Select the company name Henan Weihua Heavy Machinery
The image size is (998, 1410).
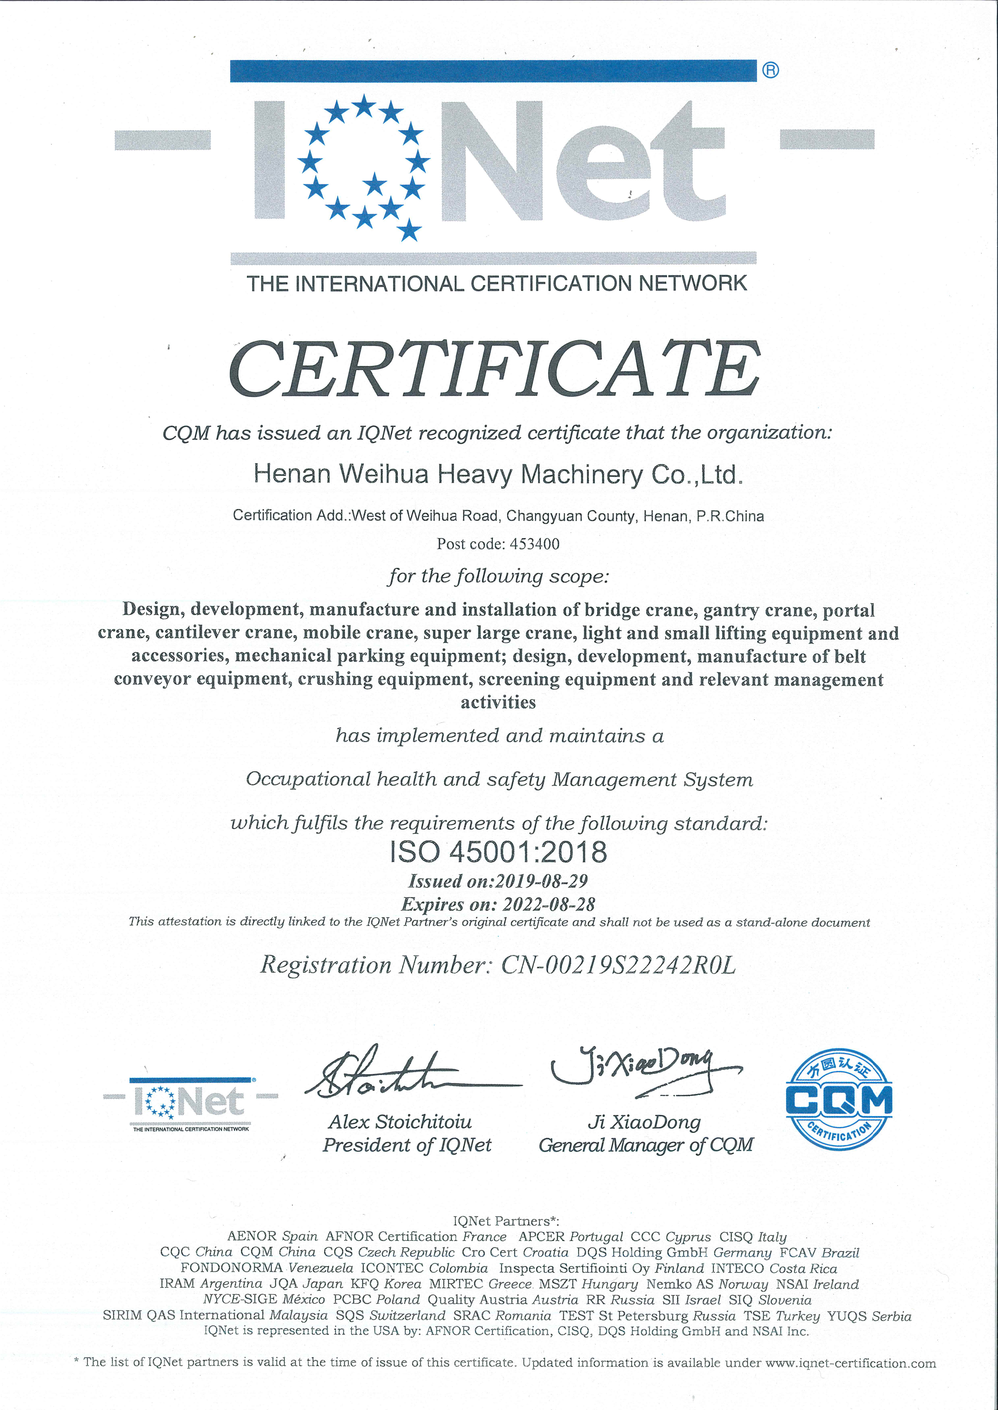(x=498, y=474)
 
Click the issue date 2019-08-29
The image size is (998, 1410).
(x=541, y=881)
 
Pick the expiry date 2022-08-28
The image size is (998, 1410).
(x=549, y=904)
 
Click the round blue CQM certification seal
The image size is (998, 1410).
(x=839, y=1099)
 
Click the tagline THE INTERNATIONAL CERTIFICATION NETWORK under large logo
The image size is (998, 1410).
(x=496, y=283)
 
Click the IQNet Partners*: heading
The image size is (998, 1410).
(x=506, y=1221)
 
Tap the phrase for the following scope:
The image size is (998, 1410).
(x=498, y=576)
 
